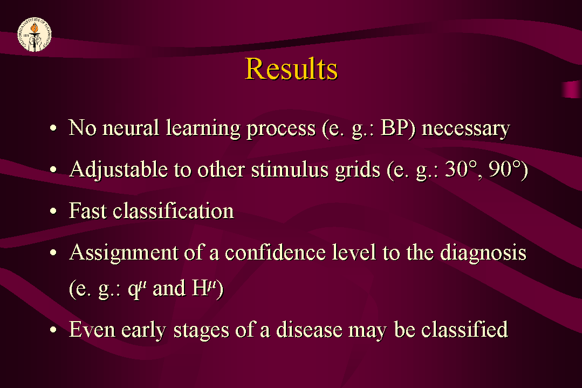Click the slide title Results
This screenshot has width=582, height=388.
tap(291, 69)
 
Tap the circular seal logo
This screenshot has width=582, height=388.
tap(35, 35)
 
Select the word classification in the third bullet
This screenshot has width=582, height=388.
tap(173, 210)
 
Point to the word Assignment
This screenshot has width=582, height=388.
tap(124, 253)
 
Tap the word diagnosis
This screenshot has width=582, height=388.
tap(483, 253)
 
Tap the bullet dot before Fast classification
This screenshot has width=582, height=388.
tap(53, 211)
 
